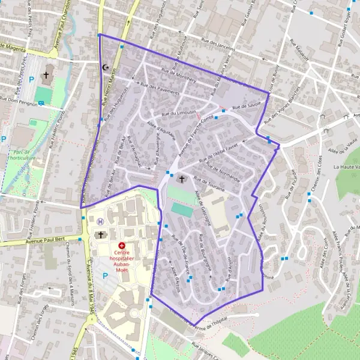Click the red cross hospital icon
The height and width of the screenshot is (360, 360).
point(122,246)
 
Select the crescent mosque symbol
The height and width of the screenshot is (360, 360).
point(107,68)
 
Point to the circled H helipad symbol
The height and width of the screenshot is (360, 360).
point(100,221)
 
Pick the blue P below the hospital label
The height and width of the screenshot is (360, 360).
point(106,276)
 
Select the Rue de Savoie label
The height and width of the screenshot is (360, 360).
point(246,107)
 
